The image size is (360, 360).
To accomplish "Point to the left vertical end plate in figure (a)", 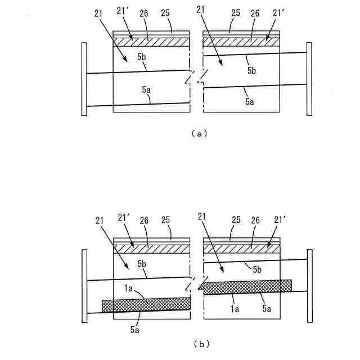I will [84, 79].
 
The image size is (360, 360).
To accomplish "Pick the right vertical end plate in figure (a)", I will [309, 79].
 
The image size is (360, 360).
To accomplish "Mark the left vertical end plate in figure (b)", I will [84, 287].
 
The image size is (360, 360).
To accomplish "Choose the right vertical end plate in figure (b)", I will [309, 287].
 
